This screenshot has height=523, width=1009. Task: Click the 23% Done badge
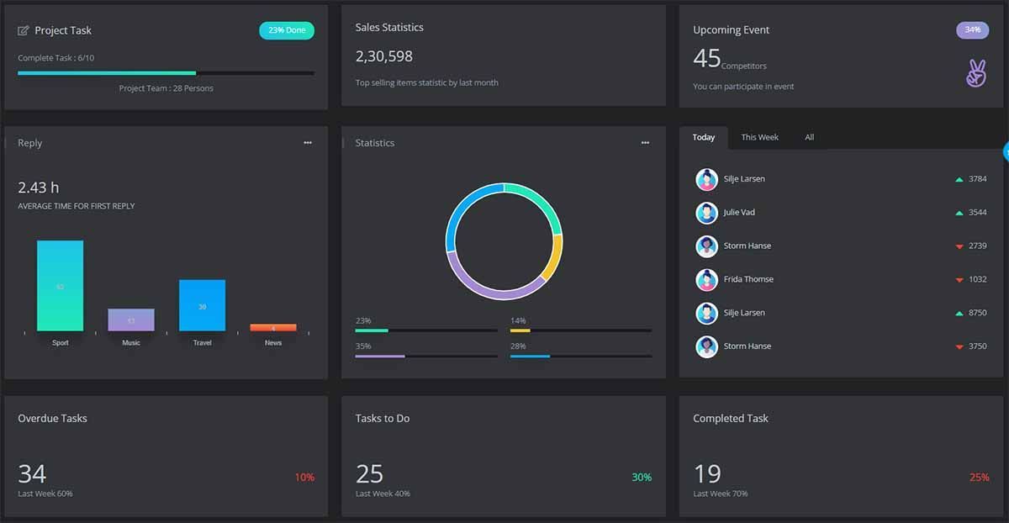tap(287, 30)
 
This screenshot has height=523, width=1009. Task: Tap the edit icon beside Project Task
tap(24, 30)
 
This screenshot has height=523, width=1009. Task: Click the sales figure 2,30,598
tap(383, 56)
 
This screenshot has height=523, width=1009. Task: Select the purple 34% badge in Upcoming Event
tap(972, 30)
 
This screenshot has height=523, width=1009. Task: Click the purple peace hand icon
tap(975, 73)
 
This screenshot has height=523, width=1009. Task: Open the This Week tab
tap(759, 137)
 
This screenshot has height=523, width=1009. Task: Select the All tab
tap(809, 137)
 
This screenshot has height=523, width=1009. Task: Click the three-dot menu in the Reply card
tap(308, 143)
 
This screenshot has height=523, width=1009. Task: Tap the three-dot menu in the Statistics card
tap(645, 143)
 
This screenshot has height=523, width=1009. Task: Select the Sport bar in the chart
tap(60, 286)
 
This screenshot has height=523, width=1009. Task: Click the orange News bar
tap(273, 327)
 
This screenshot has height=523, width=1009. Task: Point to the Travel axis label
tap(202, 343)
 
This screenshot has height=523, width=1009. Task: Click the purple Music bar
tap(131, 320)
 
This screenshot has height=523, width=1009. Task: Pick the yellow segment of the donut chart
tap(552, 256)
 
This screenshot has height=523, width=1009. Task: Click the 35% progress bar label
tap(363, 346)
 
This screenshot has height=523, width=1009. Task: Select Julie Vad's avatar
tap(706, 213)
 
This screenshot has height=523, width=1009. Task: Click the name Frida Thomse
tap(748, 279)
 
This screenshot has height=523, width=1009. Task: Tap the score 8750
tap(977, 313)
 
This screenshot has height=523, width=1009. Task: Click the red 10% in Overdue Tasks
tap(304, 478)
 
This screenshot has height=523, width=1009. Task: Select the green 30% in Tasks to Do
tap(642, 478)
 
